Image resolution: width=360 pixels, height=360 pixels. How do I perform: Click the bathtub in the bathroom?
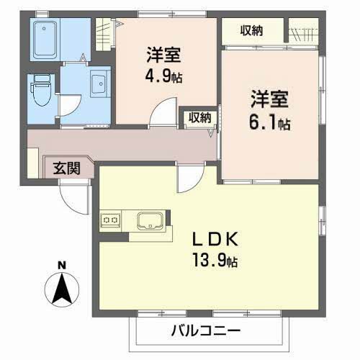tap(45, 39)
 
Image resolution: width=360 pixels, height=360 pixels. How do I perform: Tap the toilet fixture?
tap(42, 90)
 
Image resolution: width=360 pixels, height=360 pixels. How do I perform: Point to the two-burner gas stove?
tap(110, 220)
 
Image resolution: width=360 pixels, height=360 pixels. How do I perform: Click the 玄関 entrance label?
tap(66, 168)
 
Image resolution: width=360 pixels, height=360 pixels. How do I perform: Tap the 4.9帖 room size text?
tap(163, 76)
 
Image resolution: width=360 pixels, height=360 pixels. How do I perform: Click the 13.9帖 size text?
tap(215, 261)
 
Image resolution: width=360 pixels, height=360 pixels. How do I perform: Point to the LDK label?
tap(215, 239)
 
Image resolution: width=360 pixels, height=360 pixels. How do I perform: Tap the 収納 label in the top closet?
tap(251, 30)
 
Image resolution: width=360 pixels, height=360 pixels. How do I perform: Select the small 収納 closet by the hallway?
tap(199, 117)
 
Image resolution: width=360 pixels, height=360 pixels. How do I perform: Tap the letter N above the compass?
tap(62, 266)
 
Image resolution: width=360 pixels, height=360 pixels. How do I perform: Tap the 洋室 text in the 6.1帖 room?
tap(269, 99)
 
